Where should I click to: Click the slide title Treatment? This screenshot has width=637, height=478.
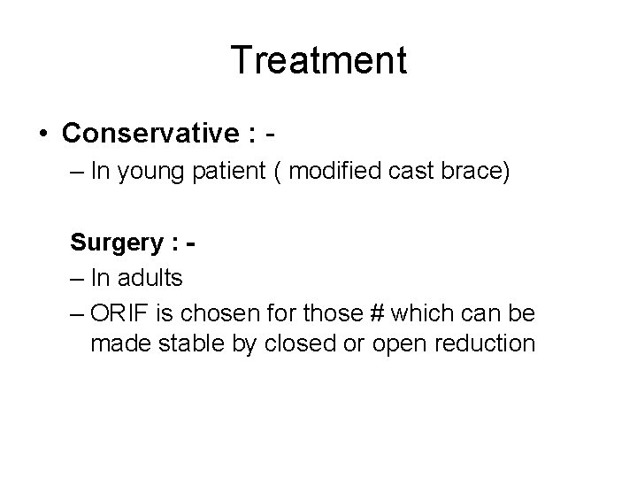pyautogui.click(x=318, y=61)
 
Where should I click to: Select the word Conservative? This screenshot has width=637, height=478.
pyautogui.click(x=147, y=134)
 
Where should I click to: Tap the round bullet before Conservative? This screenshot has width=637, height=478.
pyautogui.click(x=43, y=135)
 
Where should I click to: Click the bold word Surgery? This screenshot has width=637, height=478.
pyautogui.click(x=113, y=242)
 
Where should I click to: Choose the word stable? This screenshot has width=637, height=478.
pyautogui.click(x=182, y=343)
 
